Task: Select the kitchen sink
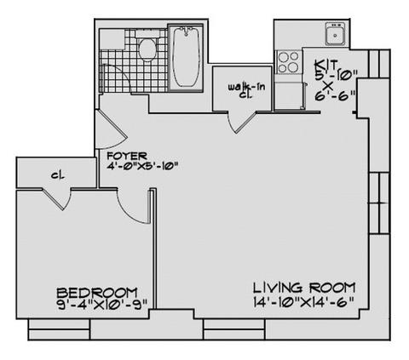(336, 34)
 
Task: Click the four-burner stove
(288, 62)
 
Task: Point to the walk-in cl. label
(246, 90)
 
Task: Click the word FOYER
(127, 156)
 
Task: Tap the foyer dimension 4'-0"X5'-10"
(142, 166)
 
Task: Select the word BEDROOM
(97, 293)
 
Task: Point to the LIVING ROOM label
(304, 288)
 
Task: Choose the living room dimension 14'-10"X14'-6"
(303, 301)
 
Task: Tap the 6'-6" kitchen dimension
(335, 95)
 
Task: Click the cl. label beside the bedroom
(58, 175)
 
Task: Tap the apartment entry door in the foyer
(112, 130)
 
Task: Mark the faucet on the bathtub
(187, 31)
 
